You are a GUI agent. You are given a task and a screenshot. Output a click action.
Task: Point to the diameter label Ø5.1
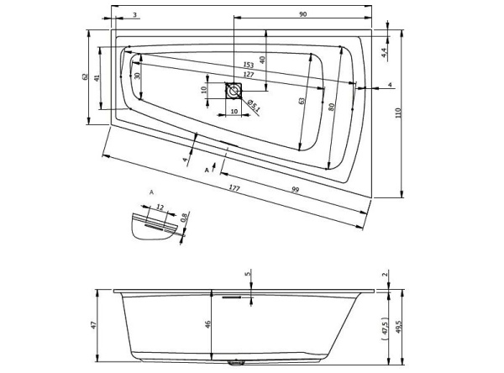[x=250, y=106]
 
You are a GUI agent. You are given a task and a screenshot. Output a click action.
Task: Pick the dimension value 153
[x=249, y=66]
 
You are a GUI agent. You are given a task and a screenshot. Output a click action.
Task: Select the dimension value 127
[x=249, y=76]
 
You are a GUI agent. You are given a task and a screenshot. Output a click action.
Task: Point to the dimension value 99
[x=296, y=191]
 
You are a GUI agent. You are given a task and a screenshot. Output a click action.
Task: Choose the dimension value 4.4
[x=384, y=52]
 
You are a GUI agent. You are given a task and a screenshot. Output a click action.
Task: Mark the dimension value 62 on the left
[x=85, y=77]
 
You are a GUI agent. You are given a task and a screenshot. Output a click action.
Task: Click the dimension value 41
[x=97, y=77]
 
